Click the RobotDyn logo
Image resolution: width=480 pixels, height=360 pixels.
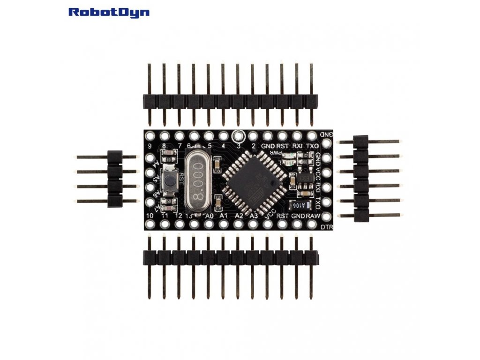coord(109,12)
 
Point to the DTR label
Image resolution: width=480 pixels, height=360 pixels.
coord(327,227)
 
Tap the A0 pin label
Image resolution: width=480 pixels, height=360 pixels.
coord(209,216)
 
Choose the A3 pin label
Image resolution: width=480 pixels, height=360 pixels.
coord(254,216)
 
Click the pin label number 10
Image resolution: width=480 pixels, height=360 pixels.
coord(150,216)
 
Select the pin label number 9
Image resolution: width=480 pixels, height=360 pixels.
coord(150,146)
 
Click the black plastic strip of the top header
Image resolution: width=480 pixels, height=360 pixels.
coord(230,100)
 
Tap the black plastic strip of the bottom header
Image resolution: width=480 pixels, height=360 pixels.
coord(230,257)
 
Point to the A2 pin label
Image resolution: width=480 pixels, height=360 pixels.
coord(239,216)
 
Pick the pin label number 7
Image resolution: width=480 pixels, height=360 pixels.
coord(179,146)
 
